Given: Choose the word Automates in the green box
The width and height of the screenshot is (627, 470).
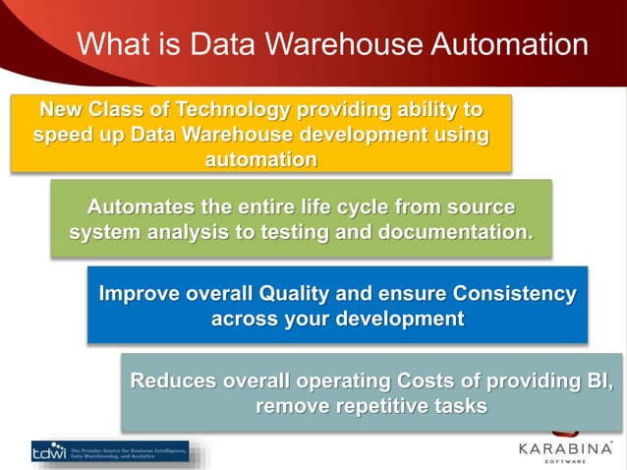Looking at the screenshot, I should click(x=144, y=206).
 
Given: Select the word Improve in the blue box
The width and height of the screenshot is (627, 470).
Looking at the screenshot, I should click(x=140, y=293).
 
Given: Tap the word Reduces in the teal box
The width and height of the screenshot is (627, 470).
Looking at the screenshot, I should click(x=172, y=381).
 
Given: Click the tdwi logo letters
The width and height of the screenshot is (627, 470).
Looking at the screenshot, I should click(x=48, y=451).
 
